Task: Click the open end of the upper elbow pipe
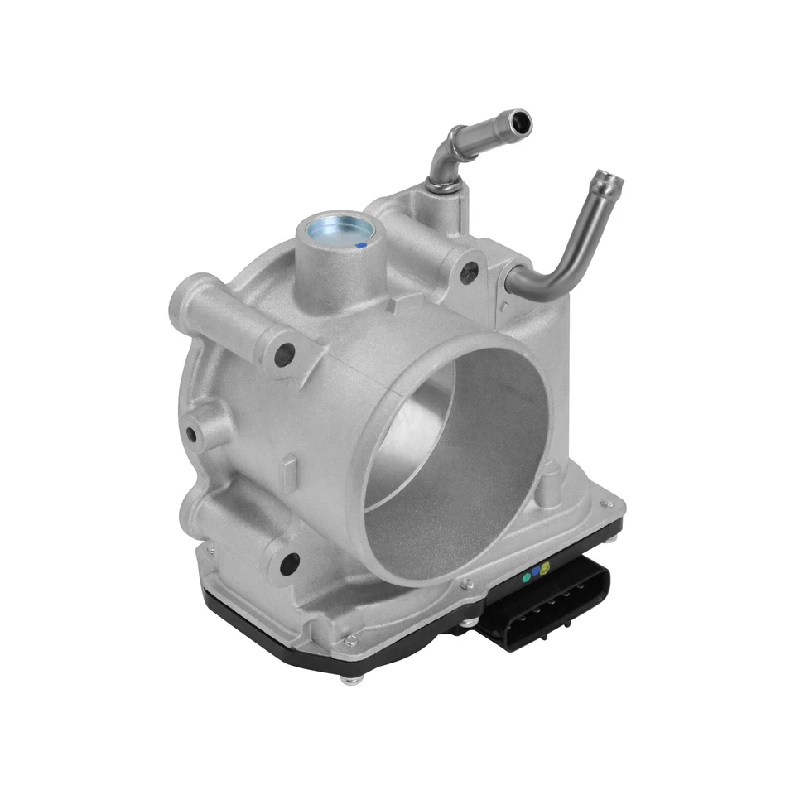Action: coord(521,121)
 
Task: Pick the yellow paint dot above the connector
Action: coord(545,567)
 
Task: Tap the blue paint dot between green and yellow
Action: coord(537,571)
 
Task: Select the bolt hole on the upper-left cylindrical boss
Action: coord(286,354)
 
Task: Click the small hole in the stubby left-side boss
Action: coord(192,433)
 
